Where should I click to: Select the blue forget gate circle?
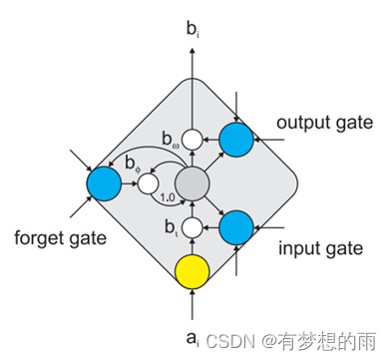[103, 184]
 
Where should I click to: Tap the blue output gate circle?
[236, 140]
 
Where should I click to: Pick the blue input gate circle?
[236, 227]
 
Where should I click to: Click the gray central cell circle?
[193, 184]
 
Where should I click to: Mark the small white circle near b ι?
[193, 227]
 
